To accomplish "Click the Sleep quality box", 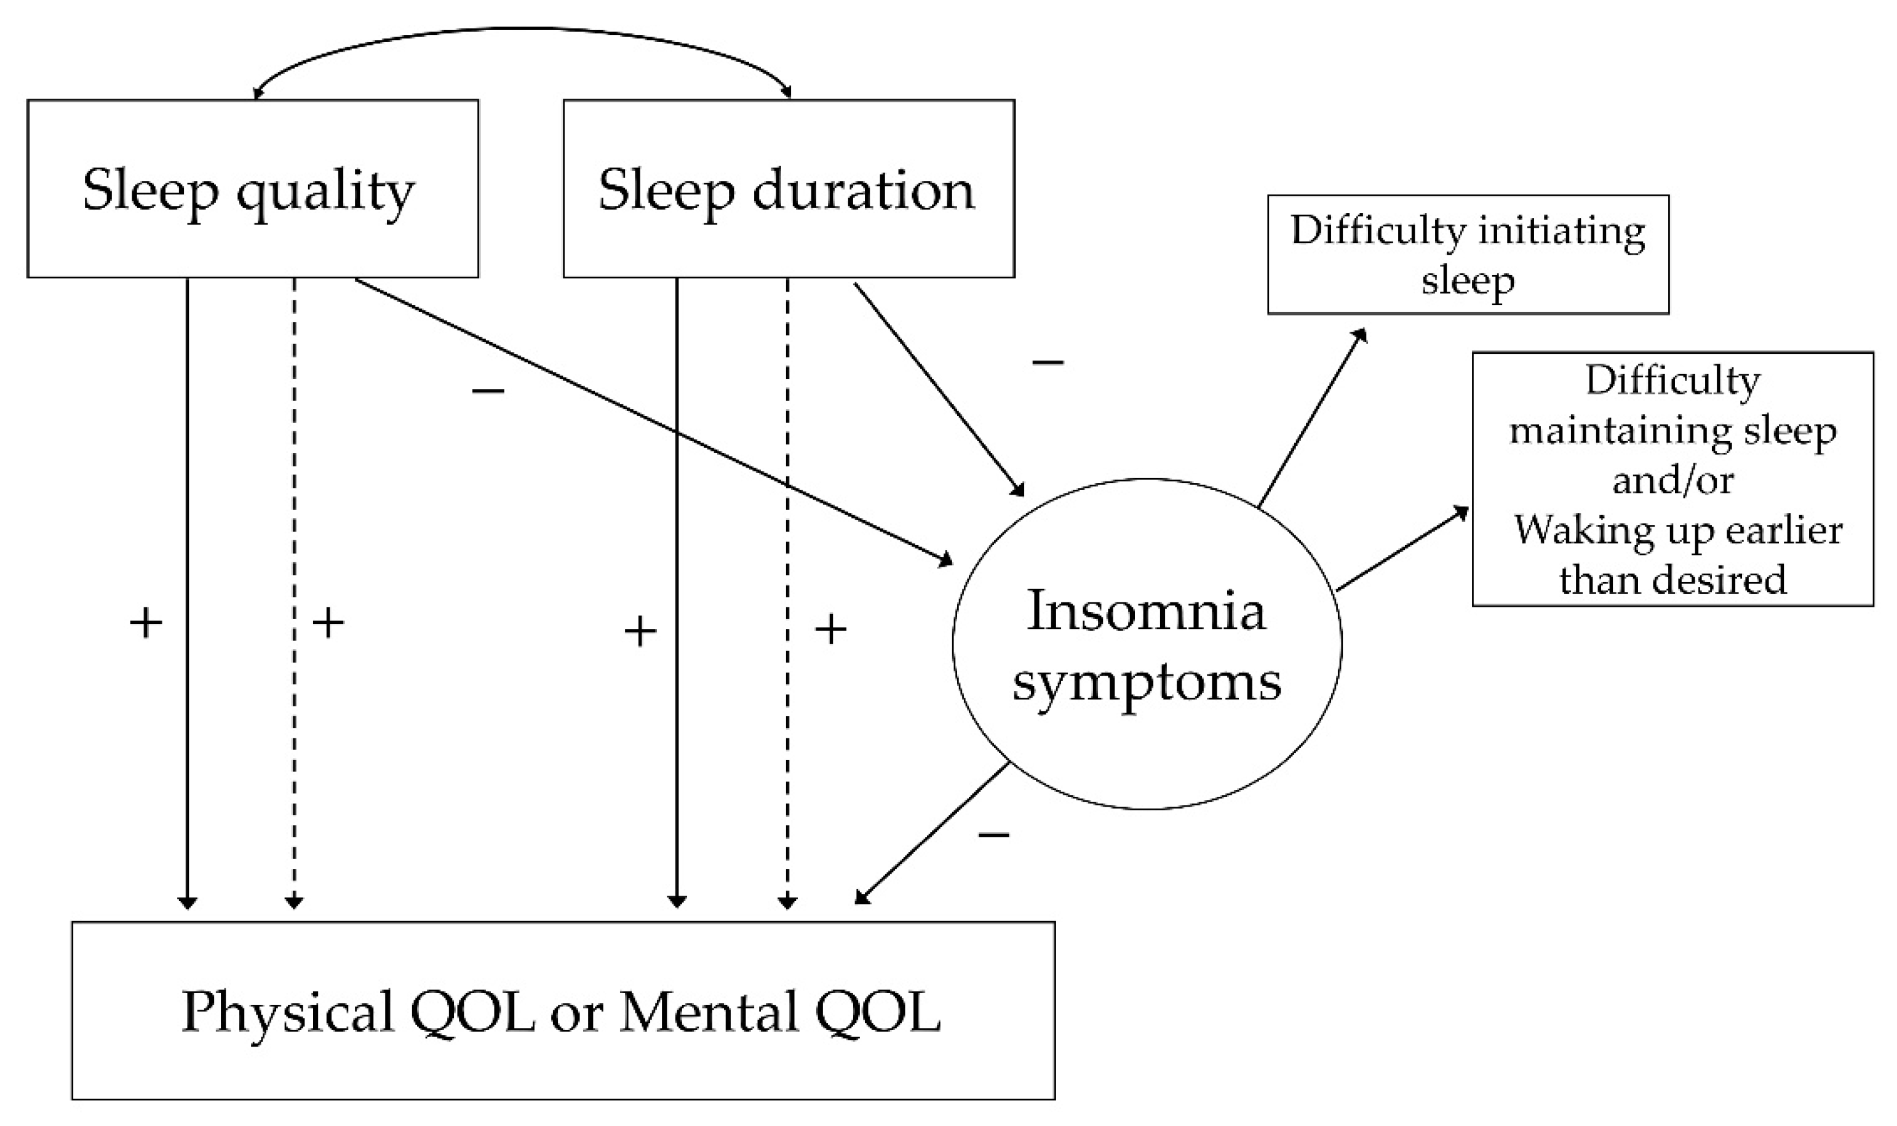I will [x=253, y=188].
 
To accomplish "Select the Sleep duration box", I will [x=788, y=188].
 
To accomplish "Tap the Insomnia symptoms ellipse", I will [x=1146, y=645].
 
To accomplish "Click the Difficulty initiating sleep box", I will [x=1468, y=254].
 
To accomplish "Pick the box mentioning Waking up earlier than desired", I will [x=1672, y=479].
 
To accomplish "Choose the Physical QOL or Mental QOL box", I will [x=563, y=1010].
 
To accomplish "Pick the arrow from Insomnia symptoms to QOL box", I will [x=933, y=833].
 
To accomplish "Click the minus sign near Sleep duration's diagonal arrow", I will [x=1048, y=362].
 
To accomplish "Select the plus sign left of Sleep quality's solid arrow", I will [x=146, y=624].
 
